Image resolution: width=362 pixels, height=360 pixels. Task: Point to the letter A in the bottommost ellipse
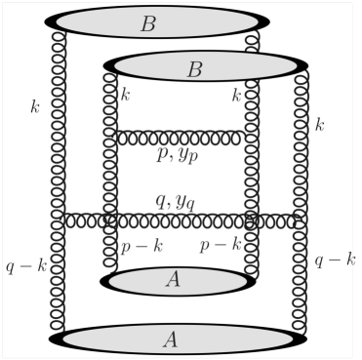coord(171,340)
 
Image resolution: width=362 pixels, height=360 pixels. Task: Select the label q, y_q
coord(177,202)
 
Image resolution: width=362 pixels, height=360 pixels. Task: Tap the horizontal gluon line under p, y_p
coord(181,138)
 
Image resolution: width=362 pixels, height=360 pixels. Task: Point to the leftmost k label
coord(35,106)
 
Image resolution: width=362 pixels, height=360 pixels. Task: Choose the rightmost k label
coord(320,124)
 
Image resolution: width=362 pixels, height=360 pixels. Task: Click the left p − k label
coord(140,246)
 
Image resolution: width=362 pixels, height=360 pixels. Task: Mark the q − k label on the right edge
coord(333,260)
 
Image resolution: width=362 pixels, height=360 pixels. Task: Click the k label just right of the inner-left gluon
coord(125,95)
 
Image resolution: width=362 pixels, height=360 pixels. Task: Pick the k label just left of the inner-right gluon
coord(236,95)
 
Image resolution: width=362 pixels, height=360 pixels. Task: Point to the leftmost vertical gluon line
coord(59,176)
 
